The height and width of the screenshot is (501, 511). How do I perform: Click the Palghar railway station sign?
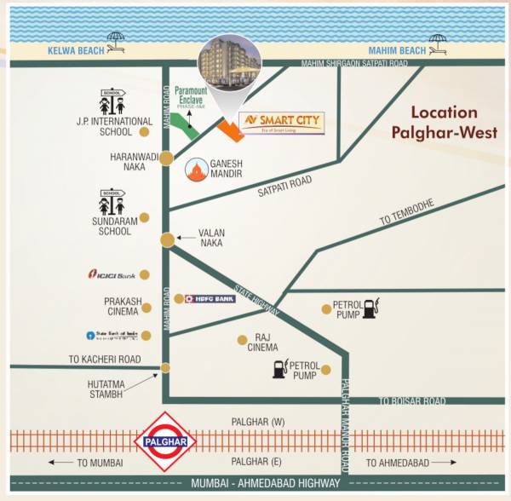coord(165,443)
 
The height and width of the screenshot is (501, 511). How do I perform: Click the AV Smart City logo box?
coord(281,122)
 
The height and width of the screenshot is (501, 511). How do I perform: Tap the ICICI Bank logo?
coord(112,275)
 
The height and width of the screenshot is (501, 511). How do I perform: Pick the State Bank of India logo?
coord(111,335)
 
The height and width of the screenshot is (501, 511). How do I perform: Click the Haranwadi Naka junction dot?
coord(166,158)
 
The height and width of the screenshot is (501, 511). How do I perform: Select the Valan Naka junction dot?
coord(169,240)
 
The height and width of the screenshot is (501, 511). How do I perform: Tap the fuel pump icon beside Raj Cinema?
coord(279,369)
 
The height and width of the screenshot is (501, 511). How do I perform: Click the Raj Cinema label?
coord(261,343)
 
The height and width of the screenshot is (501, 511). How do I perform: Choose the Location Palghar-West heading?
coord(445,122)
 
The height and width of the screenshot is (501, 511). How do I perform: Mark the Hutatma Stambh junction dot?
coord(165,368)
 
